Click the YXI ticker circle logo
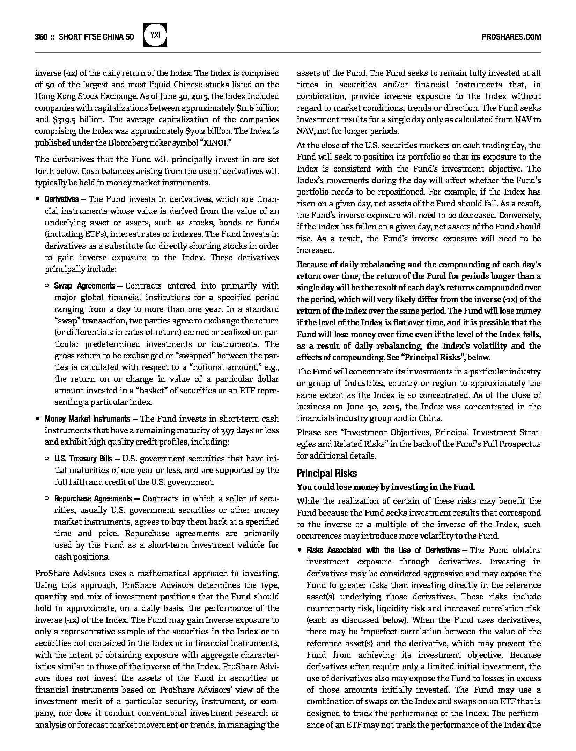coord(155,35)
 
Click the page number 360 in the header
coord(41,37)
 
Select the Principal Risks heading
coord(327,473)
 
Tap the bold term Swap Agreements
coord(84,286)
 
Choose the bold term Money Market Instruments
coord(87,419)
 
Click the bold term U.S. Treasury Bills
coord(83,459)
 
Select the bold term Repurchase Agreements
coord(93,498)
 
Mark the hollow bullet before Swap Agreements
coord(47,286)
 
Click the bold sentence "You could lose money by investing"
coord(385,487)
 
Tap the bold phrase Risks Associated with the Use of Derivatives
coord(383,550)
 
